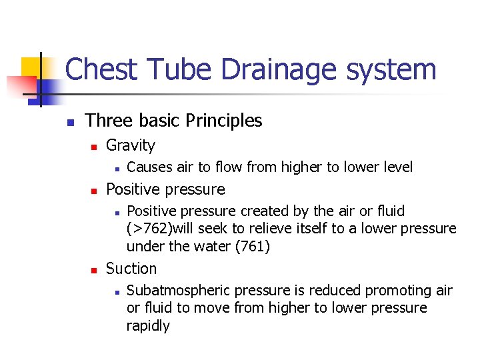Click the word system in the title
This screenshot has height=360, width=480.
[397, 70]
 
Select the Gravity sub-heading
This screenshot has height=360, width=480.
[131, 145]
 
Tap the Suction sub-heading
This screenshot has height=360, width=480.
[131, 269]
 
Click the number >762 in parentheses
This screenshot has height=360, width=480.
[149, 229]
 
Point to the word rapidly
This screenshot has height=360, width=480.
[148, 326]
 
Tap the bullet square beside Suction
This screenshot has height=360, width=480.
[95, 270]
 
